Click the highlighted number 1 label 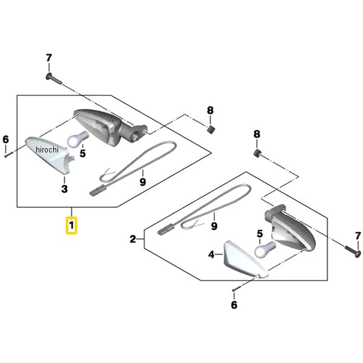[71, 226]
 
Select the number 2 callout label [133, 240]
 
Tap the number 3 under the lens [64, 189]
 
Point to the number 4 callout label [212, 255]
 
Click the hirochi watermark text [47, 150]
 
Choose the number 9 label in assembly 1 [143, 181]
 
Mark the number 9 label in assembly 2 [214, 226]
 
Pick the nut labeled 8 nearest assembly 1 [210, 129]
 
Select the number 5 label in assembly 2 [260, 234]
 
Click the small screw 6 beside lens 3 [5, 155]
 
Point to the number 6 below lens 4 [234, 305]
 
